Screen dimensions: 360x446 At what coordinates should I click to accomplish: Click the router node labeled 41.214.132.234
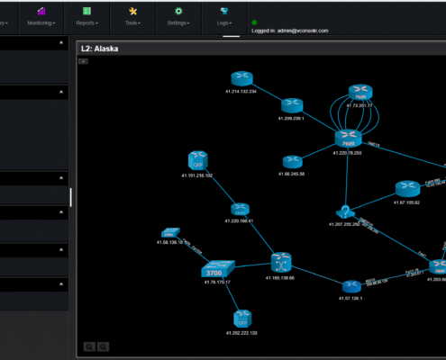(241, 79)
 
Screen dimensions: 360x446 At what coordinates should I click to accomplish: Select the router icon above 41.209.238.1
(291, 105)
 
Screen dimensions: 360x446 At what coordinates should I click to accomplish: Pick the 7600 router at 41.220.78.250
(348, 139)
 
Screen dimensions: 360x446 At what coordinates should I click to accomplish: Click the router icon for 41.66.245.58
(291, 162)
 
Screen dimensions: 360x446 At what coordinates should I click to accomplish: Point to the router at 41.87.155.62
(406, 190)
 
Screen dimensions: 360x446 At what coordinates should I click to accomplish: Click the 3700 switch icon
(215, 270)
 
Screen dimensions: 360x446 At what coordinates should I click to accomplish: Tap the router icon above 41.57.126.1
(350, 286)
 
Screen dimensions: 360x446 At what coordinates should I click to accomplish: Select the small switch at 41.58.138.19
(171, 233)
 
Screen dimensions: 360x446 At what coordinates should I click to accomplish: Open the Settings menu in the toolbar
(177, 16)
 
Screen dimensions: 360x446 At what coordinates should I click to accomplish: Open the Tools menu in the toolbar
(132, 16)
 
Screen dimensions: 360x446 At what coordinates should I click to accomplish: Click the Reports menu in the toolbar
(86, 16)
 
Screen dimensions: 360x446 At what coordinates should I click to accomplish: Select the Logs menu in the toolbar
(223, 16)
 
